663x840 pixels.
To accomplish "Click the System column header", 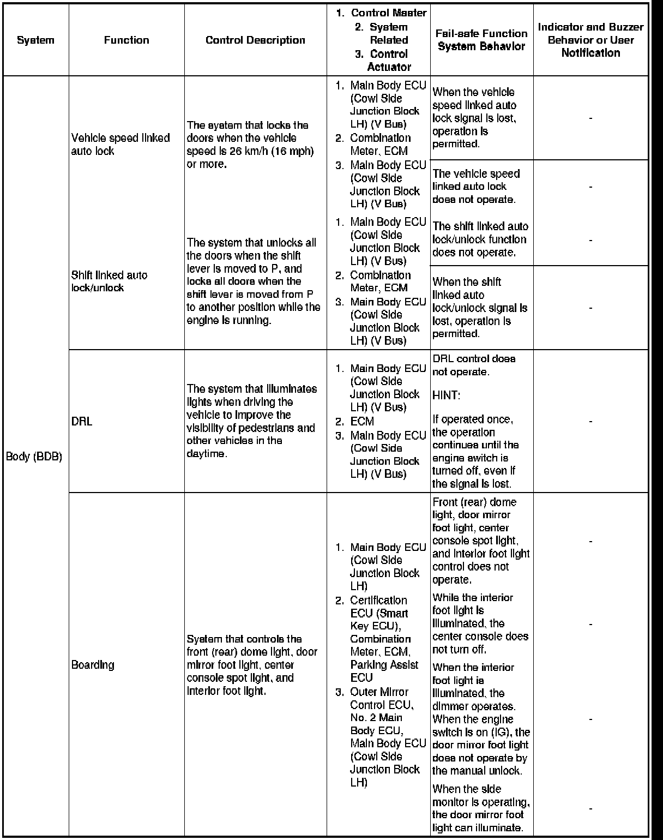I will tap(35, 40).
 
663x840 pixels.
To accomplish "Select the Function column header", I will tap(126, 40).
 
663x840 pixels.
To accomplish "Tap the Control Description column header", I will tap(255, 40).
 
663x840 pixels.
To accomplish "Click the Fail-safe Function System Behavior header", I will tap(481, 40).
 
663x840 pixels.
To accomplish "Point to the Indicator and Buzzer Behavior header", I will tap(590, 40).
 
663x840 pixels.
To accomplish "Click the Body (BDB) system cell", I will tap(34, 456).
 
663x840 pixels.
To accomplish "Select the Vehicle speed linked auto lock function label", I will tap(120, 145).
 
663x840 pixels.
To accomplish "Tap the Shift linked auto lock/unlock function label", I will tap(109, 281).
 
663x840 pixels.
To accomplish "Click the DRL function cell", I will tap(82, 422).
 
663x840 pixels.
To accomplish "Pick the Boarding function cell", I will tap(93, 665).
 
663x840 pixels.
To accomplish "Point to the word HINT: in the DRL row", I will tap(446, 395).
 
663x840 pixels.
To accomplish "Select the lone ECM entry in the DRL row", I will tap(362, 421).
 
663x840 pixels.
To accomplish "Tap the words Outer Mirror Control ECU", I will tap(382, 698).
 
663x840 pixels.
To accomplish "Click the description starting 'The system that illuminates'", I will tap(251, 421).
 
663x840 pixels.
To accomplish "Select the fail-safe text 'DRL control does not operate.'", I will tap(473, 365).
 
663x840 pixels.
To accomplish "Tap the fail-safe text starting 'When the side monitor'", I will tap(480, 808).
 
